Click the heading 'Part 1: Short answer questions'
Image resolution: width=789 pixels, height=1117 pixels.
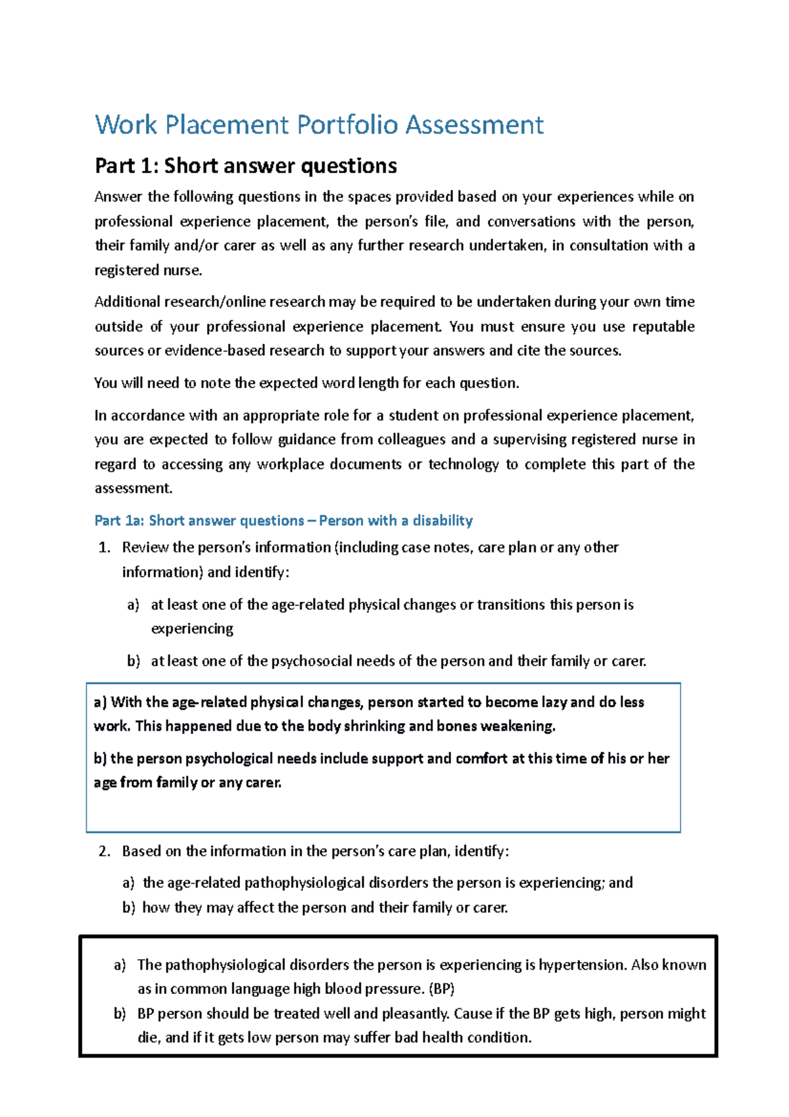pos(245,166)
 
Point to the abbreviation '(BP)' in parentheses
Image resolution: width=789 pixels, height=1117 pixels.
pos(441,989)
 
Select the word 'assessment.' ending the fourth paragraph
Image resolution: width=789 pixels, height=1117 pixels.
pos(133,488)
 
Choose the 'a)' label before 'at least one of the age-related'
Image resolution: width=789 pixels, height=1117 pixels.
pos(133,605)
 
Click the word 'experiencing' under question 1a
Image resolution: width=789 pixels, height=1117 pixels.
pos(192,629)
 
